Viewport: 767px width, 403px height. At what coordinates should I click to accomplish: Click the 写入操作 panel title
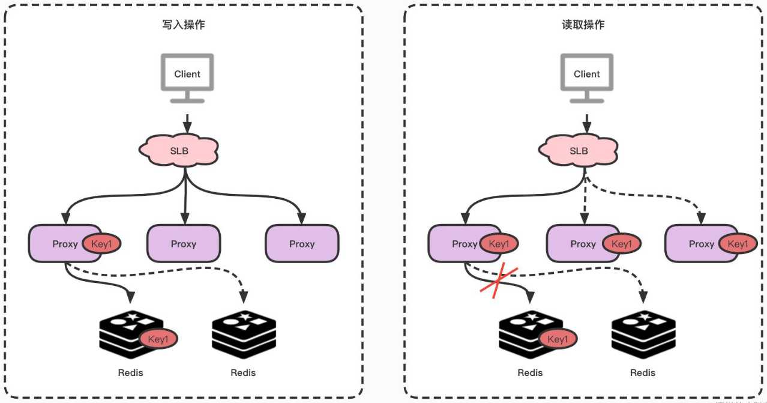184,25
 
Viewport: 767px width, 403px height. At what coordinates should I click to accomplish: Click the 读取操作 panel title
583,25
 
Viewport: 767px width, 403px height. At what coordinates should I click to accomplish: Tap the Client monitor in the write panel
187,78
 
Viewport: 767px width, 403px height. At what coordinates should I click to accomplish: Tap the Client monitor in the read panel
587,78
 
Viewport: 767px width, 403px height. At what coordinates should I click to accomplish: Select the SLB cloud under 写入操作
179,150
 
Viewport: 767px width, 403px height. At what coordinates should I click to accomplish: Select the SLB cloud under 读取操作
579,150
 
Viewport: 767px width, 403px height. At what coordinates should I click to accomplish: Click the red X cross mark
499,280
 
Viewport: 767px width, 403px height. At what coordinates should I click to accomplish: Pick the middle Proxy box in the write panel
184,244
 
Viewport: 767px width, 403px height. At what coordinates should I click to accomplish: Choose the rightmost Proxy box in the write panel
302,244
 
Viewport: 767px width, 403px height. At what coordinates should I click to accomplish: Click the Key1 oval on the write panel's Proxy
101,244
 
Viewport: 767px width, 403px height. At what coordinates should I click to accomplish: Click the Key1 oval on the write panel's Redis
158,339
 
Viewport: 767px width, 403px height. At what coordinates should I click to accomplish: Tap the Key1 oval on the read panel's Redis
558,339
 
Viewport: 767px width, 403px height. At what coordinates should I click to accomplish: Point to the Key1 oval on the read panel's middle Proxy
622,244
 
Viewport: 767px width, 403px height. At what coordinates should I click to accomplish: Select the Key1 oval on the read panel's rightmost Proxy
738,244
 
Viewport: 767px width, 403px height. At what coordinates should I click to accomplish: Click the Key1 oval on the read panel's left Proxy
499,244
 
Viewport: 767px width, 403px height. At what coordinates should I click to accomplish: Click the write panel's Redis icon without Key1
244,335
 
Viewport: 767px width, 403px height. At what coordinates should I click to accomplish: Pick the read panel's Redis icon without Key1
643,335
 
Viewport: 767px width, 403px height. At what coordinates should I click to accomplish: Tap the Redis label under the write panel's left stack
130,372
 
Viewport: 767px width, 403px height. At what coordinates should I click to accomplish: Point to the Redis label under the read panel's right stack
643,372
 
